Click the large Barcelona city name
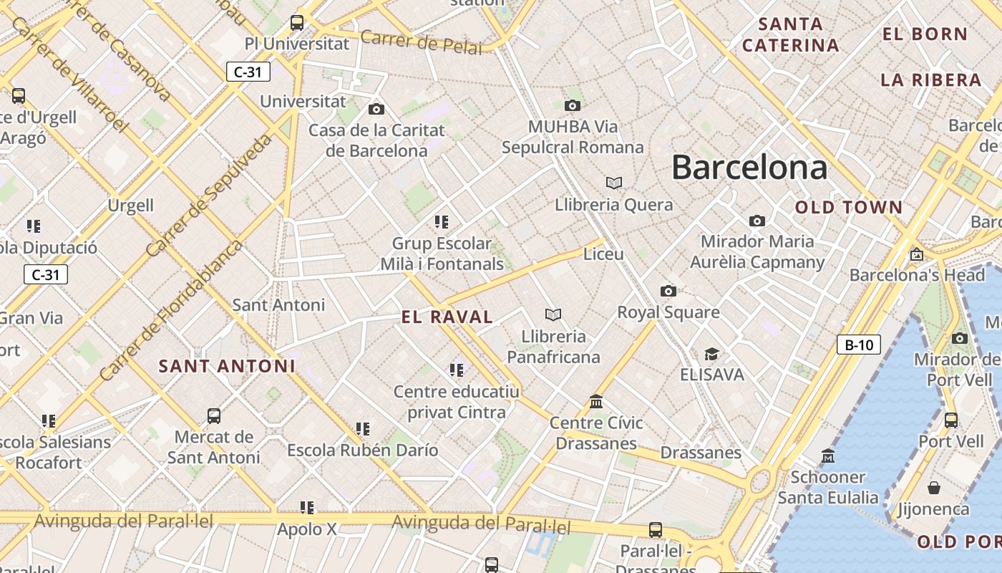[749, 168]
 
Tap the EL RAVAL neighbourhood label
[447, 317]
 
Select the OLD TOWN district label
[849, 208]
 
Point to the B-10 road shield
[858, 345]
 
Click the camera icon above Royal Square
[668, 291]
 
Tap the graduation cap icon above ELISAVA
[711, 354]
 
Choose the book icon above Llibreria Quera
[613, 183]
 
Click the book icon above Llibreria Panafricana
[553, 314]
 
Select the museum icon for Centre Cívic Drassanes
[595, 401]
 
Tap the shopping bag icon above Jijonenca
[933, 488]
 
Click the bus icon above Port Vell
[950, 420]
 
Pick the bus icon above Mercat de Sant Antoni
[213, 415]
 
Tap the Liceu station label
[603, 254]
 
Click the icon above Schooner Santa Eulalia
[827, 456]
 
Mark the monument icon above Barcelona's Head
[916, 254]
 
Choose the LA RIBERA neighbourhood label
[930, 80]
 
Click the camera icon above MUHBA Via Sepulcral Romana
[572, 106]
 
